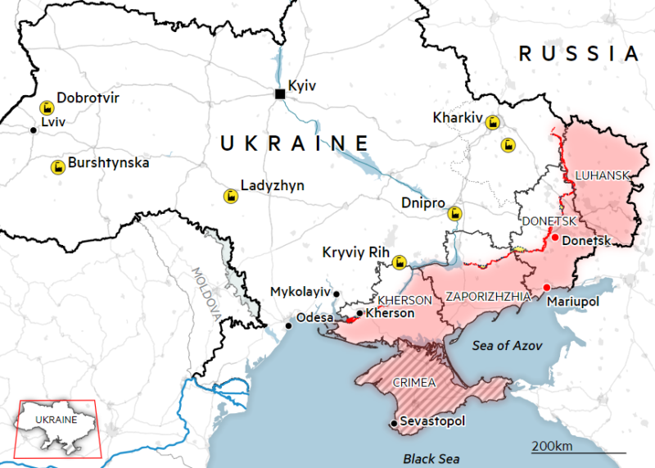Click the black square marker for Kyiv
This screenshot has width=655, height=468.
(x=280, y=94)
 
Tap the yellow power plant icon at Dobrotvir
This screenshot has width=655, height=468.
(x=47, y=107)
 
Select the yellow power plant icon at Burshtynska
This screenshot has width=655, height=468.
(x=57, y=167)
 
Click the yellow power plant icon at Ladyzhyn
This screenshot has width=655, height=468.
(x=230, y=196)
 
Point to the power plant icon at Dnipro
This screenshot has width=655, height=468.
(x=454, y=213)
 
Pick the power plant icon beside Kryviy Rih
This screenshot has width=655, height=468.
(x=400, y=262)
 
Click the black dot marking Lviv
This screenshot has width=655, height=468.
(x=33, y=129)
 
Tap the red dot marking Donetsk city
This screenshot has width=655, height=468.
(x=555, y=238)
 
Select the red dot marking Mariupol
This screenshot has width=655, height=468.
(x=547, y=287)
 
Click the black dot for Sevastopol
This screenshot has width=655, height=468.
(x=393, y=423)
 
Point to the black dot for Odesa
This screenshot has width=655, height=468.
(x=288, y=325)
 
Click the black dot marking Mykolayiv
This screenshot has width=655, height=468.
(x=336, y=293)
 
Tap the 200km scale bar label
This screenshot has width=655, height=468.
(x=553, y=446)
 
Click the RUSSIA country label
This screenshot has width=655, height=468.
(x=578, y=54)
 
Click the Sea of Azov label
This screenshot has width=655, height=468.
(x=508, y=345)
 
